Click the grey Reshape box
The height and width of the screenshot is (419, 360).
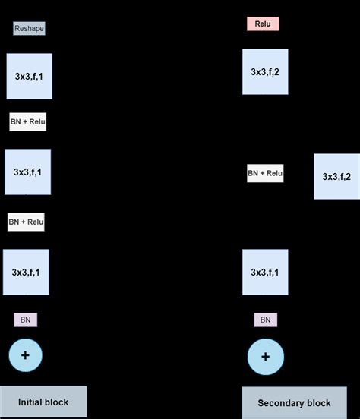[x=30, y=29]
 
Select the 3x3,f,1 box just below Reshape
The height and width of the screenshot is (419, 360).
[x=29, y=76]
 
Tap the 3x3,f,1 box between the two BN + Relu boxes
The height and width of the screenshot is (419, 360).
[x=27, y=172]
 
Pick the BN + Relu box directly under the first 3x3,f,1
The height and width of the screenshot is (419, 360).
[x=28, y=121]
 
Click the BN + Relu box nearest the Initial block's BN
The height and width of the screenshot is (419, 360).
[x=26, y=222]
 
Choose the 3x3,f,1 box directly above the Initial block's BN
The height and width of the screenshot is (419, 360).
[x=26, y=272]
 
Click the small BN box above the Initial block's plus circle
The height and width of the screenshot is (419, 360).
[x=25, y=320]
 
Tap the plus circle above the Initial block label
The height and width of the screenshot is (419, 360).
[x=25, y=354]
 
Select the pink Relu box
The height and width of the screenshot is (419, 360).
[x=263, y=24]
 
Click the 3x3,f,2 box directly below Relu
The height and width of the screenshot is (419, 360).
[x=265, y=72]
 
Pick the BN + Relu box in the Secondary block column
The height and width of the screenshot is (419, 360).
[x=265, y=173]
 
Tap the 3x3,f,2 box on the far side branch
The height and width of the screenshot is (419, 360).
[x=336, y=176]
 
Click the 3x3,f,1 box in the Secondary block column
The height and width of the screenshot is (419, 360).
[x=265, y=272]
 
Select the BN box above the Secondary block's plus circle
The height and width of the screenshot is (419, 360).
[x=265, y=320]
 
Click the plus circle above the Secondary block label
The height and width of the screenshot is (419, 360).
[x=265, y=357]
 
